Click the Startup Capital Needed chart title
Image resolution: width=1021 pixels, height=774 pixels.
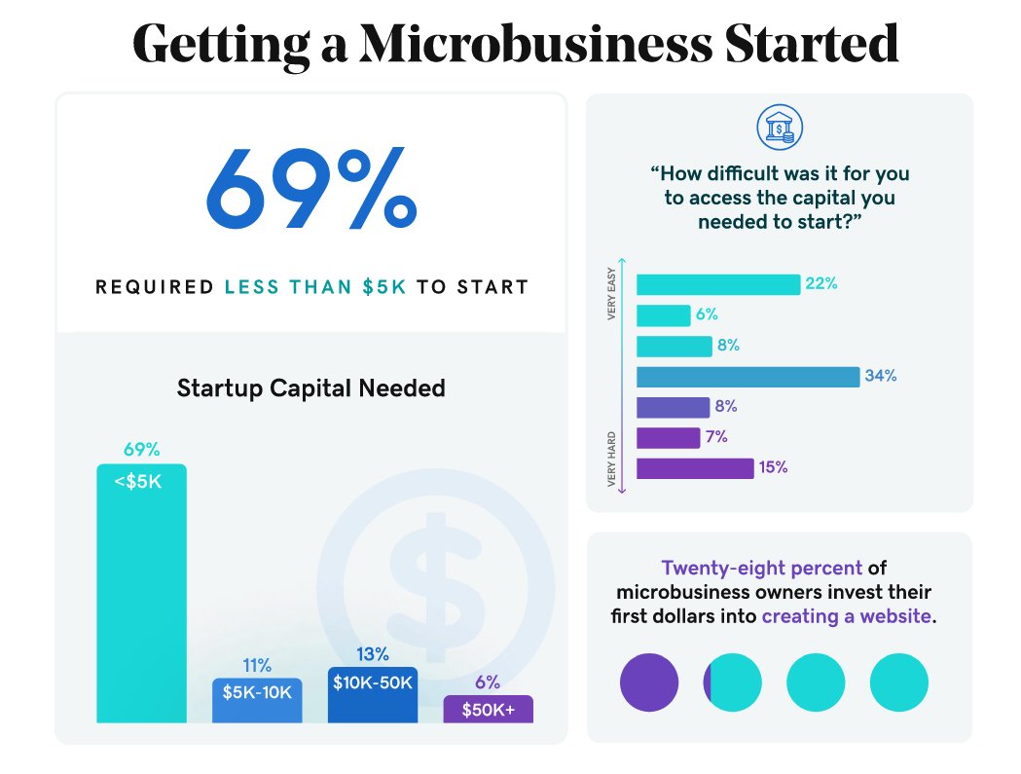tap(310, 388)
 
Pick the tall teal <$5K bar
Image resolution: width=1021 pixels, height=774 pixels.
tap(141, 594)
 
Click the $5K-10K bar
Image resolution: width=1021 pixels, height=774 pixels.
tap(257, 700)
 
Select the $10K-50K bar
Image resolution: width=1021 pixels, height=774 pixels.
tap(373, 694)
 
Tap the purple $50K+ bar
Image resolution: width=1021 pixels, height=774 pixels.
tap(489, 709)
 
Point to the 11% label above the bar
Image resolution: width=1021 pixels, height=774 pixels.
tap(257, 666)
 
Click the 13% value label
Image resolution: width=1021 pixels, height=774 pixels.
tap(373, 654)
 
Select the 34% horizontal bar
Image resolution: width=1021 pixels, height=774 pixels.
tap(748, 377)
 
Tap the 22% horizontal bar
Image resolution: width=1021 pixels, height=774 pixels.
tap(717, 284)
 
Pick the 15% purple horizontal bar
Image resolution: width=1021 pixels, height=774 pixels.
tap(695, 468)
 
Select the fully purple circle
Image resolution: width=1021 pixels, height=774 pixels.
tap(648, 682)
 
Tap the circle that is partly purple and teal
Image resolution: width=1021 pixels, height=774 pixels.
tap(732, 682)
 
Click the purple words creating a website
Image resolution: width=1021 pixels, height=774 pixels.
tap(846, 616)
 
